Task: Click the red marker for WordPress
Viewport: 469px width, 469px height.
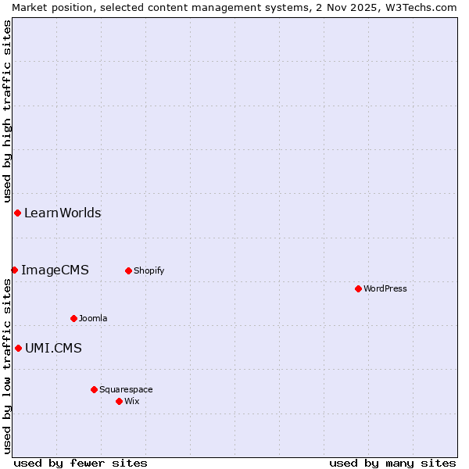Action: pos(358,288)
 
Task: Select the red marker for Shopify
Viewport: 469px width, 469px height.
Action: pos(128,270)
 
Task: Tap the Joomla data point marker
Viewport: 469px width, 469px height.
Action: pos(73,318)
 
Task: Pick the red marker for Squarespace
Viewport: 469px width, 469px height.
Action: pos(94,389)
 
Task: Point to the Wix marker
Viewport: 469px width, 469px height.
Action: pos(119,401)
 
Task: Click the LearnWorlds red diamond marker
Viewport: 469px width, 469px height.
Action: pos(17,213)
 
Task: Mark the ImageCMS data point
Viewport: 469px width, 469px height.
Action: pos(14,270)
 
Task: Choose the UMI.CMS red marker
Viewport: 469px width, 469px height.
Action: pos(18,348)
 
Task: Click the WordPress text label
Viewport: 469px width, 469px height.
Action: pos(385,288)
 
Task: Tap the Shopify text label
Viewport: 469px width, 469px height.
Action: pos(149,270)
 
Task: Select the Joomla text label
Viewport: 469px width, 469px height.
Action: pos(93,318)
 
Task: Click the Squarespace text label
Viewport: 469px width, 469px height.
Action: pos(126,389)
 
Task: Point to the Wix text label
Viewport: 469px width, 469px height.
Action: pos(131,401)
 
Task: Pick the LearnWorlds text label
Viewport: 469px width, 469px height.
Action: pos(63,213)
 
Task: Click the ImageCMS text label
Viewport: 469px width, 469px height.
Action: pos(55,270)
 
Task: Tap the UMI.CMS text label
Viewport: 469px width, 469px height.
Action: pos(53,348)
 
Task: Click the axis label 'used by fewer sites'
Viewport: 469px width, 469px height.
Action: pos(81,463)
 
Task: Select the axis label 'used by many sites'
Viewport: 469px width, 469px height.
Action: pos(392,463)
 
